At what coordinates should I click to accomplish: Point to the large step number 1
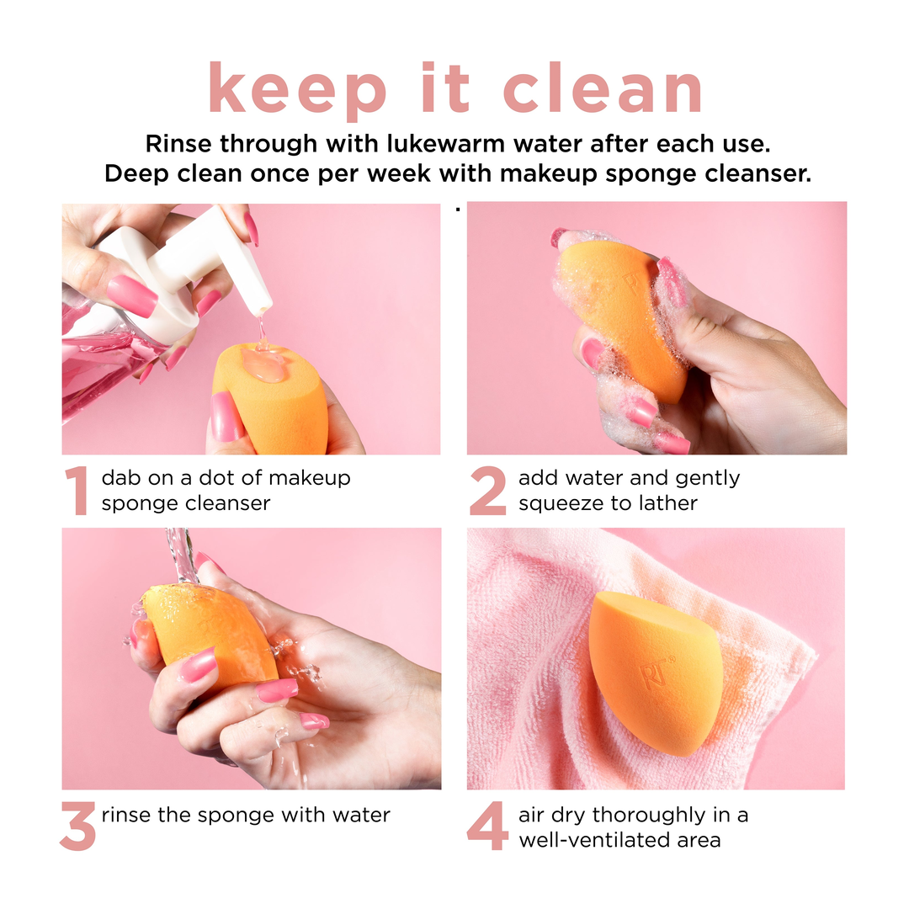pyautogui.click(x=78, y=490)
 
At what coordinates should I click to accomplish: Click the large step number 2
pyautogui.click(x=487, y=491)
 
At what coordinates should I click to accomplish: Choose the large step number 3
pyautogui.click(x=77, y=826)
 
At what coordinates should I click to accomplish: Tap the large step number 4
pyautogui.click(x=487, y=826)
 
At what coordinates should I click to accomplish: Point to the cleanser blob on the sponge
pyautogui.click(x=263, y=364)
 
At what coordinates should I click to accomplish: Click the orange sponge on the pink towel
pyautogui.click(x=654, y=672)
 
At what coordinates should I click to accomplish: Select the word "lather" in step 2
pyautogui.click(x=667, y=502)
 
